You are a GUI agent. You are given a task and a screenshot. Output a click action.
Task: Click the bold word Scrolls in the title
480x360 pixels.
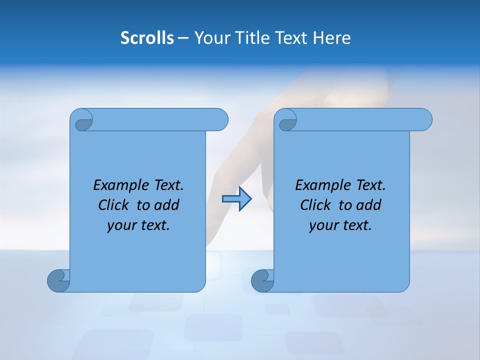coord(147,38)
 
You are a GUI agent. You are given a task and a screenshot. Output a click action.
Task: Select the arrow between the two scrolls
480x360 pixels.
coord(236,199)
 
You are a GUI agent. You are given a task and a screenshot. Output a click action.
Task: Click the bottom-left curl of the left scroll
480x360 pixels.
coord(58,280)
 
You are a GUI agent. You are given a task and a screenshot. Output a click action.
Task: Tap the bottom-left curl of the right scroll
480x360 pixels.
coord(262,280)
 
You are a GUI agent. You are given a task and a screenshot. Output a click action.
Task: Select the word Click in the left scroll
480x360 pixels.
coord(114,205)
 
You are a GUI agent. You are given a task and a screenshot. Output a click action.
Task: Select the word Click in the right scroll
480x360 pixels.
coord(316,205)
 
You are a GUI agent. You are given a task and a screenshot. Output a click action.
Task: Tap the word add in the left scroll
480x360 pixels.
coord(167,205)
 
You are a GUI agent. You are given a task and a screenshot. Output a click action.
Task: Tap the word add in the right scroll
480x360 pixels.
coord(369,205)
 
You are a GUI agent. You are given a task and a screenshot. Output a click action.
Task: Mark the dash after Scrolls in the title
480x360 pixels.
coord(183,38)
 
